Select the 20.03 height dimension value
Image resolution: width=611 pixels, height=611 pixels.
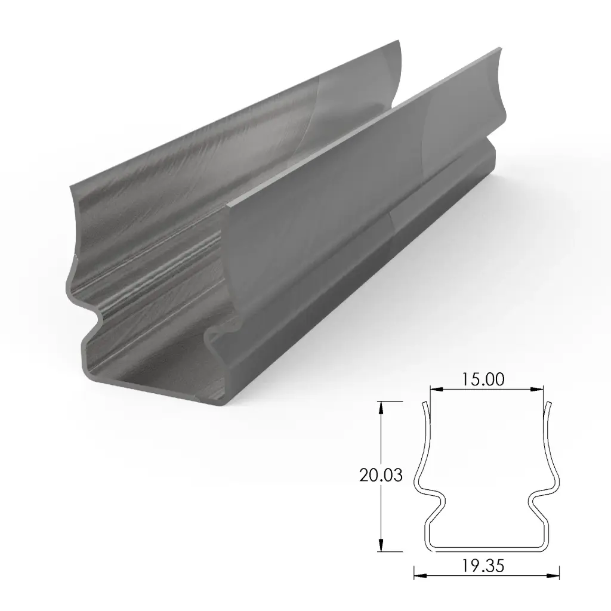click(381, 476)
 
